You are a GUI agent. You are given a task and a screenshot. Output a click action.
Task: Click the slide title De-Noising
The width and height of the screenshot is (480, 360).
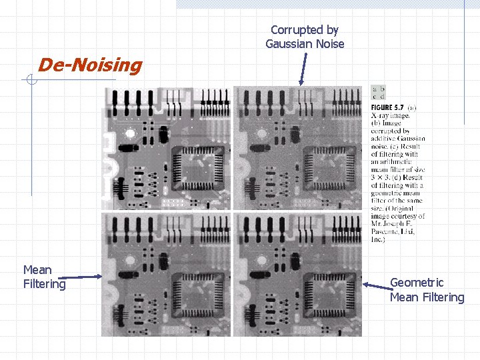(x=90, y=65)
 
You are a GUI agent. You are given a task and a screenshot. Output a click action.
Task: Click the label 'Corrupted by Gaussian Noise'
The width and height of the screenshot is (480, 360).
(x=305, y=37)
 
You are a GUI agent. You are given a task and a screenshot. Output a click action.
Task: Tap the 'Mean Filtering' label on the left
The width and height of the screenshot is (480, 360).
(x=44, y=277)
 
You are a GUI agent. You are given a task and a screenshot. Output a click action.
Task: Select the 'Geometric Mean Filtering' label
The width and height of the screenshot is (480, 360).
(x=427, y=290)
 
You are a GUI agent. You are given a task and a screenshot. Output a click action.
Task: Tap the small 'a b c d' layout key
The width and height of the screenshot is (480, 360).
(x=378, y=92)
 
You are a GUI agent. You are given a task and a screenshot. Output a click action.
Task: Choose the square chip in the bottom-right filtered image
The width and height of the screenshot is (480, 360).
(x=326, y=293)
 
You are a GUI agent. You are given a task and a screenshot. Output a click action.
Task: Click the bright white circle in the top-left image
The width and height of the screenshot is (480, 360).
(x=130, y=133)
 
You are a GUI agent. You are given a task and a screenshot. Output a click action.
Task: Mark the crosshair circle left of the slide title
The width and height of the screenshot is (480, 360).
(x=31, y=81)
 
